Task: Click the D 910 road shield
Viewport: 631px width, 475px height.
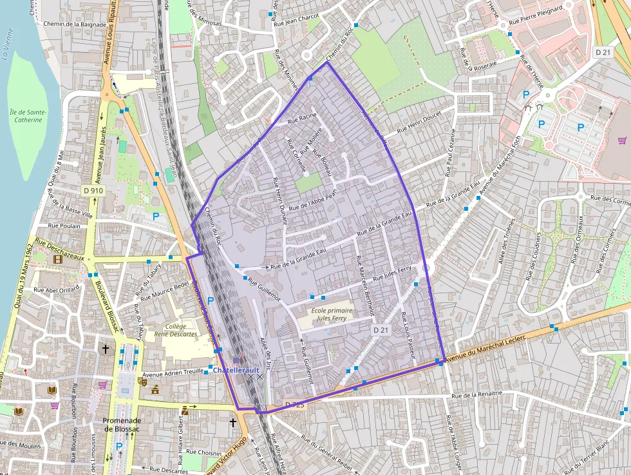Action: [93, 191]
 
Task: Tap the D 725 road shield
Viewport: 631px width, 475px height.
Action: [293, 405]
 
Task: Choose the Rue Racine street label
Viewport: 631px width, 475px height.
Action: [302, 117]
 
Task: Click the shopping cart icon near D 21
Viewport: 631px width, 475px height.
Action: [622, 140]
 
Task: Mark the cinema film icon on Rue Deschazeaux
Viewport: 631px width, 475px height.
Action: [59, 259]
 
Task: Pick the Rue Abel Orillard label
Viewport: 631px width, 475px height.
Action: [57, 289]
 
